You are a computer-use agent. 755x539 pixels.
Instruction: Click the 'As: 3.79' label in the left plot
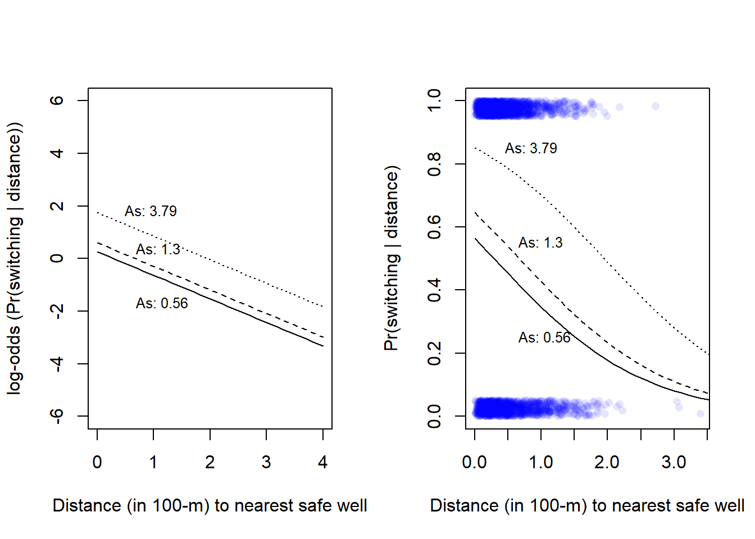click(151, 211)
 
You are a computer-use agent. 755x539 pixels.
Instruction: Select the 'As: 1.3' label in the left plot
click(158, 249)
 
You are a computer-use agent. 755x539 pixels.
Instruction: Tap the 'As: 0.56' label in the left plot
click(162, 303)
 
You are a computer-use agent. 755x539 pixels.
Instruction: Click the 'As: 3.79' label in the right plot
click(531, 148)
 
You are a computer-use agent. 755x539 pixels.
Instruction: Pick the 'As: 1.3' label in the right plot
click(540, 243)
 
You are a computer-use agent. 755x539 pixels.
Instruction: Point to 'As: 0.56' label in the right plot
click(544, 337)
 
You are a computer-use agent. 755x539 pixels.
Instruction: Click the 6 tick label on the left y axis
click(57, 101)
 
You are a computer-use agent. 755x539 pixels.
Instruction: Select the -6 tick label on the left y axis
click(57, 415)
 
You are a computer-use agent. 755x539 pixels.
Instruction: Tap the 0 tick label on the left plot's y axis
click(57, 258)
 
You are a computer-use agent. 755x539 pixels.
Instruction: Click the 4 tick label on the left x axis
click(322, 462)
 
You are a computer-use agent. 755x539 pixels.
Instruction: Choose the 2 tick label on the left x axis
click(210, 462)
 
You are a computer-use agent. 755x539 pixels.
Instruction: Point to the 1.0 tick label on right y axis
click(434, 101)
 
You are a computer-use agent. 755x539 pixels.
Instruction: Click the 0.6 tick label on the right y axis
click(434, 227)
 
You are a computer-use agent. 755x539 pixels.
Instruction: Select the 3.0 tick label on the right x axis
click(674, 462)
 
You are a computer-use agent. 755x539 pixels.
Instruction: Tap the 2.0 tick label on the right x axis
click(607, 462)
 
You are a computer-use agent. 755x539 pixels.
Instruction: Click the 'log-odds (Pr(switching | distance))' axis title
click(14, 258)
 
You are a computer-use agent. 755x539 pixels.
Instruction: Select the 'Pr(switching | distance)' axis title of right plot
click(392, 258)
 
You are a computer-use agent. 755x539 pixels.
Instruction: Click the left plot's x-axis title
click(210, 505)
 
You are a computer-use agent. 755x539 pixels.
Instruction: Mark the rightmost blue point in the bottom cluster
click(701, 414)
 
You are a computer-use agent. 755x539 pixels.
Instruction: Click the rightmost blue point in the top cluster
click(655, 106)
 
